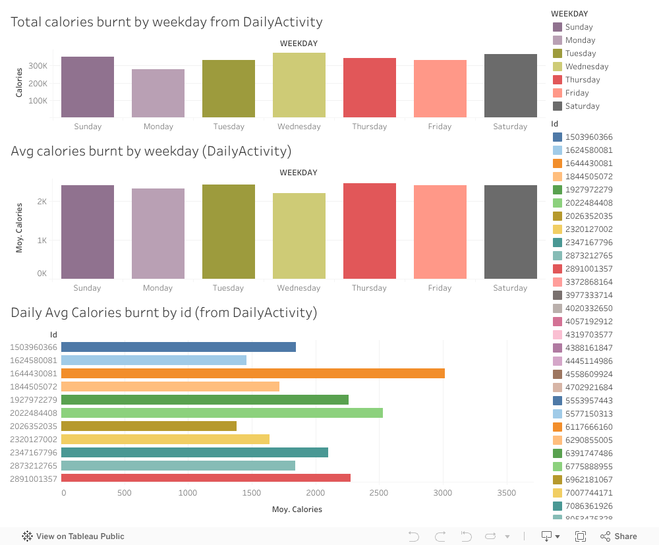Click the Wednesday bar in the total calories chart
click(x=299, y=85)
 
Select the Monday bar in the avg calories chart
click(x=158, y=233)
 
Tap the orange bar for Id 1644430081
click(x=253, y=374)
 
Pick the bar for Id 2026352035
click(x=149, y=426)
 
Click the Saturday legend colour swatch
click(x=558, y=106)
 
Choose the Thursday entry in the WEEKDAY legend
click(x=583, y=80)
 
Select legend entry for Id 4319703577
click(x=588, y=335)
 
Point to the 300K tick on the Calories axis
click(x=38, y=66)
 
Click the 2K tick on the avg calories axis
click(x=42, y=202)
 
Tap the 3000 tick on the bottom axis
click(x=443, y=493)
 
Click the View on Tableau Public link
click(x=80, y=536)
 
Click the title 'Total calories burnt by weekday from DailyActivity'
click(x=167, y=22)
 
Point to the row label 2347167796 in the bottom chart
click(x=34, y=453)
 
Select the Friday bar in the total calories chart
click(x=440, y=89)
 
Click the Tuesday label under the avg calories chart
click(x=229, y=288)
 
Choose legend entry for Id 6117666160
click(x=588, y=427)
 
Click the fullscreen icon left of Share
click(x=581, y=536)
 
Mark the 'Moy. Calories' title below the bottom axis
click(x=297, y=509)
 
